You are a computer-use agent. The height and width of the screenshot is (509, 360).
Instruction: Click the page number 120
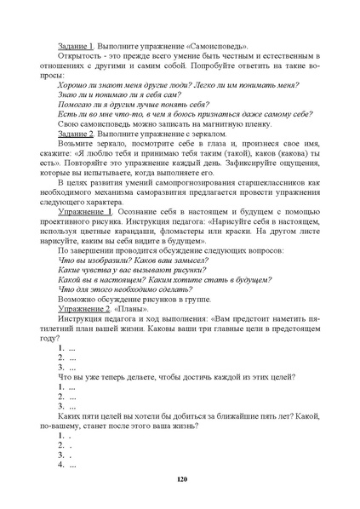tap(180, 481)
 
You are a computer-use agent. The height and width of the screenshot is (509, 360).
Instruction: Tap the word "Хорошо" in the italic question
tap(72, 86)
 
